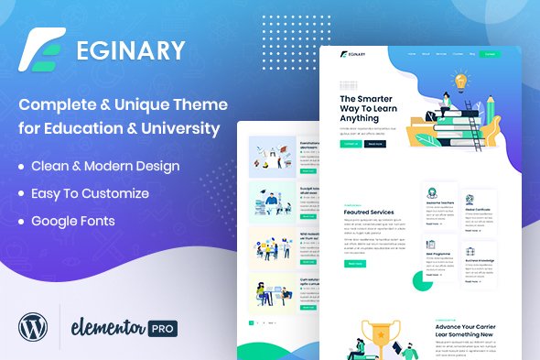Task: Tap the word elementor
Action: pyautogui.click(x=115, y=326)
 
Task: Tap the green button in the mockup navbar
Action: pyautogui.click(x=490, y=54)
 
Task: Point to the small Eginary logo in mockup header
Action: pyautogui.click(x=352, y=54)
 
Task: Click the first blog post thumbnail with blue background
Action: pyautogui.click(x=272, y=156)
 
